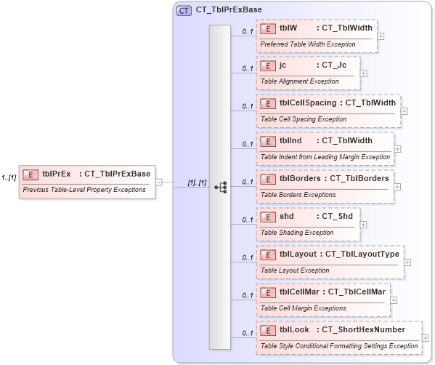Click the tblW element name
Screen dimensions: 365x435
288,28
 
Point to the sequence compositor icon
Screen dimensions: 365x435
221,187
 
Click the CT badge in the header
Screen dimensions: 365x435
184,10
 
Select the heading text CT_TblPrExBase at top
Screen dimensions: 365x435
229,10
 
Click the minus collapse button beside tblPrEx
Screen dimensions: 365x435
159,182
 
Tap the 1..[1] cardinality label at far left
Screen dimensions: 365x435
9,177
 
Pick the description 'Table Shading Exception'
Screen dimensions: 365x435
297,233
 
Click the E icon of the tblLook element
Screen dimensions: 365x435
268,331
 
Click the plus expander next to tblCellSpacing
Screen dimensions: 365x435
404,111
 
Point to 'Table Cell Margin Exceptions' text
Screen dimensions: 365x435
304,308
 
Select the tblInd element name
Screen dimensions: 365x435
290,140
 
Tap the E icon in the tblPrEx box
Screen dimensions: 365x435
31,174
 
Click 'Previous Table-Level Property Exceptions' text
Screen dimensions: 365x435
84,190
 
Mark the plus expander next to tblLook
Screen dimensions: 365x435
425,337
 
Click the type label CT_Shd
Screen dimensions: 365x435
337,216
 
